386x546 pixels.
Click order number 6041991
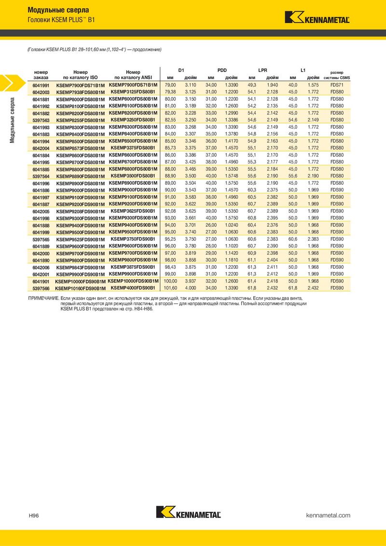click(41, 85)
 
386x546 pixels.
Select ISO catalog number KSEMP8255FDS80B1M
click(81, 120)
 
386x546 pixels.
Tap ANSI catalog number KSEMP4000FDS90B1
click(133, 288)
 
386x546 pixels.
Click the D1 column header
click(181, 70)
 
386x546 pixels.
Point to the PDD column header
click(222, 70)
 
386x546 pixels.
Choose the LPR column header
click(262, 70)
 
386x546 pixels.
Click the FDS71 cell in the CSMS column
click(337, 85)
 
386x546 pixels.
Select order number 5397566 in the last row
click(41, 288)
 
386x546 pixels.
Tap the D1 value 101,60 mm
click(171, 288)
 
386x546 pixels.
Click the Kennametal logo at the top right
click(317, 18)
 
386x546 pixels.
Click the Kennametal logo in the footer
click(189, 512)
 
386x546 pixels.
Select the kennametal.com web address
click(328, 516)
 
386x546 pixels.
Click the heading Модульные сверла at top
click(58, 10)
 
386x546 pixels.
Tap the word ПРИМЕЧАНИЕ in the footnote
click(44, 299)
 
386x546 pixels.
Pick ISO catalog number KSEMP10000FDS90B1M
click(81, 281)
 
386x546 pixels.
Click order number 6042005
click(41, 211)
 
